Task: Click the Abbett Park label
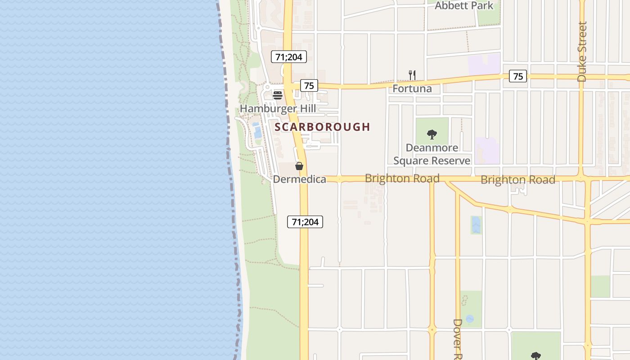tap(464, 6)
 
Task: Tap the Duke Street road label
tap(582, 52)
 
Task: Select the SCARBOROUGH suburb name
tap(322, 127)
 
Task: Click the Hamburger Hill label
tap(278, 108)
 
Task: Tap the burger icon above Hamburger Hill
tap(278, 95)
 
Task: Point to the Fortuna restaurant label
tap(412, 88)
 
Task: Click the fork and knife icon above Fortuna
tap(412, 75)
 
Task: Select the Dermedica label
tap(299, 179)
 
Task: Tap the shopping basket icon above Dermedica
tap(299, 166)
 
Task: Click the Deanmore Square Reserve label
tap(432, 154)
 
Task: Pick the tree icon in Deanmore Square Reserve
tap(432, 134)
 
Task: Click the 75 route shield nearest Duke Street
tap(518, 76)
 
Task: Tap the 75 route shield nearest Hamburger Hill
tap(309, 85)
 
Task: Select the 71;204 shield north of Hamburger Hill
tap(288, 57)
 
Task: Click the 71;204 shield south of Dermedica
tap(305, 221)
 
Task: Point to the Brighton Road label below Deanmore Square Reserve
tap(402, 178)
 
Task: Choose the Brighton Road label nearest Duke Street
tap(517, 180)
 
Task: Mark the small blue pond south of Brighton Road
tap(476, 225)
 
